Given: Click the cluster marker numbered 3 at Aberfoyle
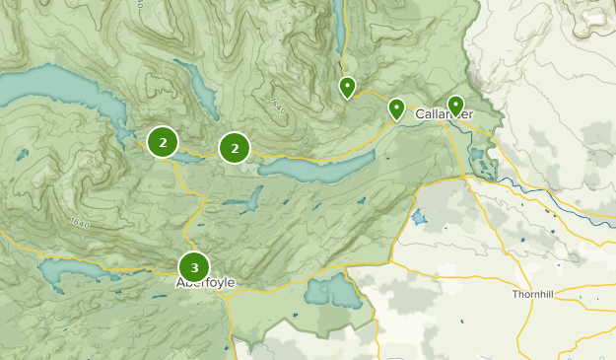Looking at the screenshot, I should pos(194,266).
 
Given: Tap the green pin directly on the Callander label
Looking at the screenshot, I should pos(455,105).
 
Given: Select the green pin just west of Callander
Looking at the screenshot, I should pos(396,108).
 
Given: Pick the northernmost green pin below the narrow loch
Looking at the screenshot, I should pos(347,87).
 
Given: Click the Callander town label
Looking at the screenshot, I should pos(444,114).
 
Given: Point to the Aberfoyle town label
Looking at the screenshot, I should pos(205,283).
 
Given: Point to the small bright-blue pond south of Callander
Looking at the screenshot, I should pos(421,216).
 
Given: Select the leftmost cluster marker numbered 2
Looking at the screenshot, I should pos(162,142).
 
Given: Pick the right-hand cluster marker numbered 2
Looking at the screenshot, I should pos(235,148).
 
